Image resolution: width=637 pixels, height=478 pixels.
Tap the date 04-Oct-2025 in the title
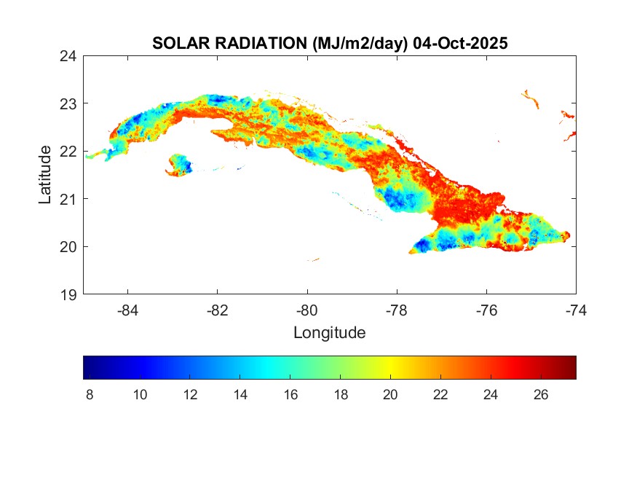click(x=460, y=44)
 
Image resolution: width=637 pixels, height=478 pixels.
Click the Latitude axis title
click(x=45, y=174)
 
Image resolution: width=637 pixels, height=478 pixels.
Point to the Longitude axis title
click(x=329, y=333)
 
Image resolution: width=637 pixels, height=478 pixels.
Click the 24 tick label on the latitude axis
click(x=69, y=55)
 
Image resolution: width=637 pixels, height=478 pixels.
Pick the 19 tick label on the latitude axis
click(x=69, y=294)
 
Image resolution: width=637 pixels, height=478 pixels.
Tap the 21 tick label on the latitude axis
click(x=69, y=199)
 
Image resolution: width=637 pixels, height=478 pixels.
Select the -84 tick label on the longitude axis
click(x=127, y=310)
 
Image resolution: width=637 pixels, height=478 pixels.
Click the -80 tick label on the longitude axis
click(x=307, y=310)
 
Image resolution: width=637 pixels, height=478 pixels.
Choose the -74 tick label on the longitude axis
click(x=576, y=310)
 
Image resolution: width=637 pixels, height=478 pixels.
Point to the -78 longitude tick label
click(x=397, y=310)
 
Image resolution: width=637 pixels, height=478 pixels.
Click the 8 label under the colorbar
click(x=90, y=395)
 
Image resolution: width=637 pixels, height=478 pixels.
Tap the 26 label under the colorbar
click(x=540, y=395)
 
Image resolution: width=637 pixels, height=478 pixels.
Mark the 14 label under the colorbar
click(x=240, y=395)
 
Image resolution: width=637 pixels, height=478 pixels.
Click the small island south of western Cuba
click(x=179, y=165)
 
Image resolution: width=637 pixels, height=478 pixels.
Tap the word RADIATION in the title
click(x=260, y=44)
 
